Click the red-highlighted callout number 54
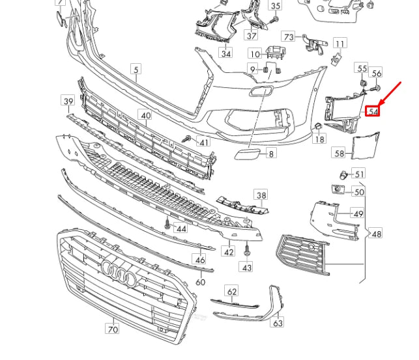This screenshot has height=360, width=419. click(373, 111)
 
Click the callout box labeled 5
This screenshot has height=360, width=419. click(136, 68)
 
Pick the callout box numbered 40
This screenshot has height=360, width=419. click(145, 115)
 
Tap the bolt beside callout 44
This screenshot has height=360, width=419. click(167, 223)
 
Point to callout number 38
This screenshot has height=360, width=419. click(261, 195)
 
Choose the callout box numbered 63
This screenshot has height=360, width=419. click(278, 322)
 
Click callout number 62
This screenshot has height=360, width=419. click(231, 292)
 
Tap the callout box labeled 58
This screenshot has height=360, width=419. click(340, 154)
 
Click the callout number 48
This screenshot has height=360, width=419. click(377, 234)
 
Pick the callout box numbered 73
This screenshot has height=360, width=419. click(289, 36)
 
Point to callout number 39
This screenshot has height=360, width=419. click(68, 100)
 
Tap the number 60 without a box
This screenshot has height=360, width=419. click(201, 282)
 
